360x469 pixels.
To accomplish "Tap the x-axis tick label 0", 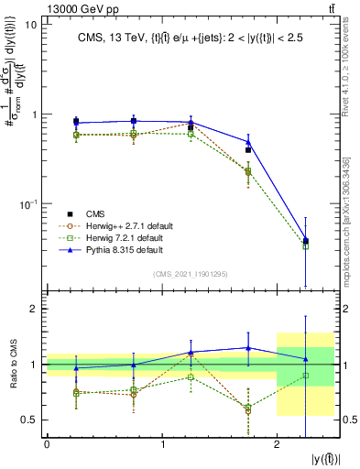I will pyautogui.click(x=47, y=444).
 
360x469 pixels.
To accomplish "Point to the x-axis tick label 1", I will pyautogui.click(x=162, y=444).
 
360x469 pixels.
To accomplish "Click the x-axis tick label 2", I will pyautogui.click(x=277, y=444).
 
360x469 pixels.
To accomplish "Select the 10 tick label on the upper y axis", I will pyautogui.click(x=31, y=25).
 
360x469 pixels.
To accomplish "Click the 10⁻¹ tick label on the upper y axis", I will pyautogui.click(x=27, y=202).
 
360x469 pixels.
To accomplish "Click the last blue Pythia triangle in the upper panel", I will pyautogui.click(x=306, y=240).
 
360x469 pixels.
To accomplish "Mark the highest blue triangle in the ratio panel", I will pyautogui.click(x=248, y=347).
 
